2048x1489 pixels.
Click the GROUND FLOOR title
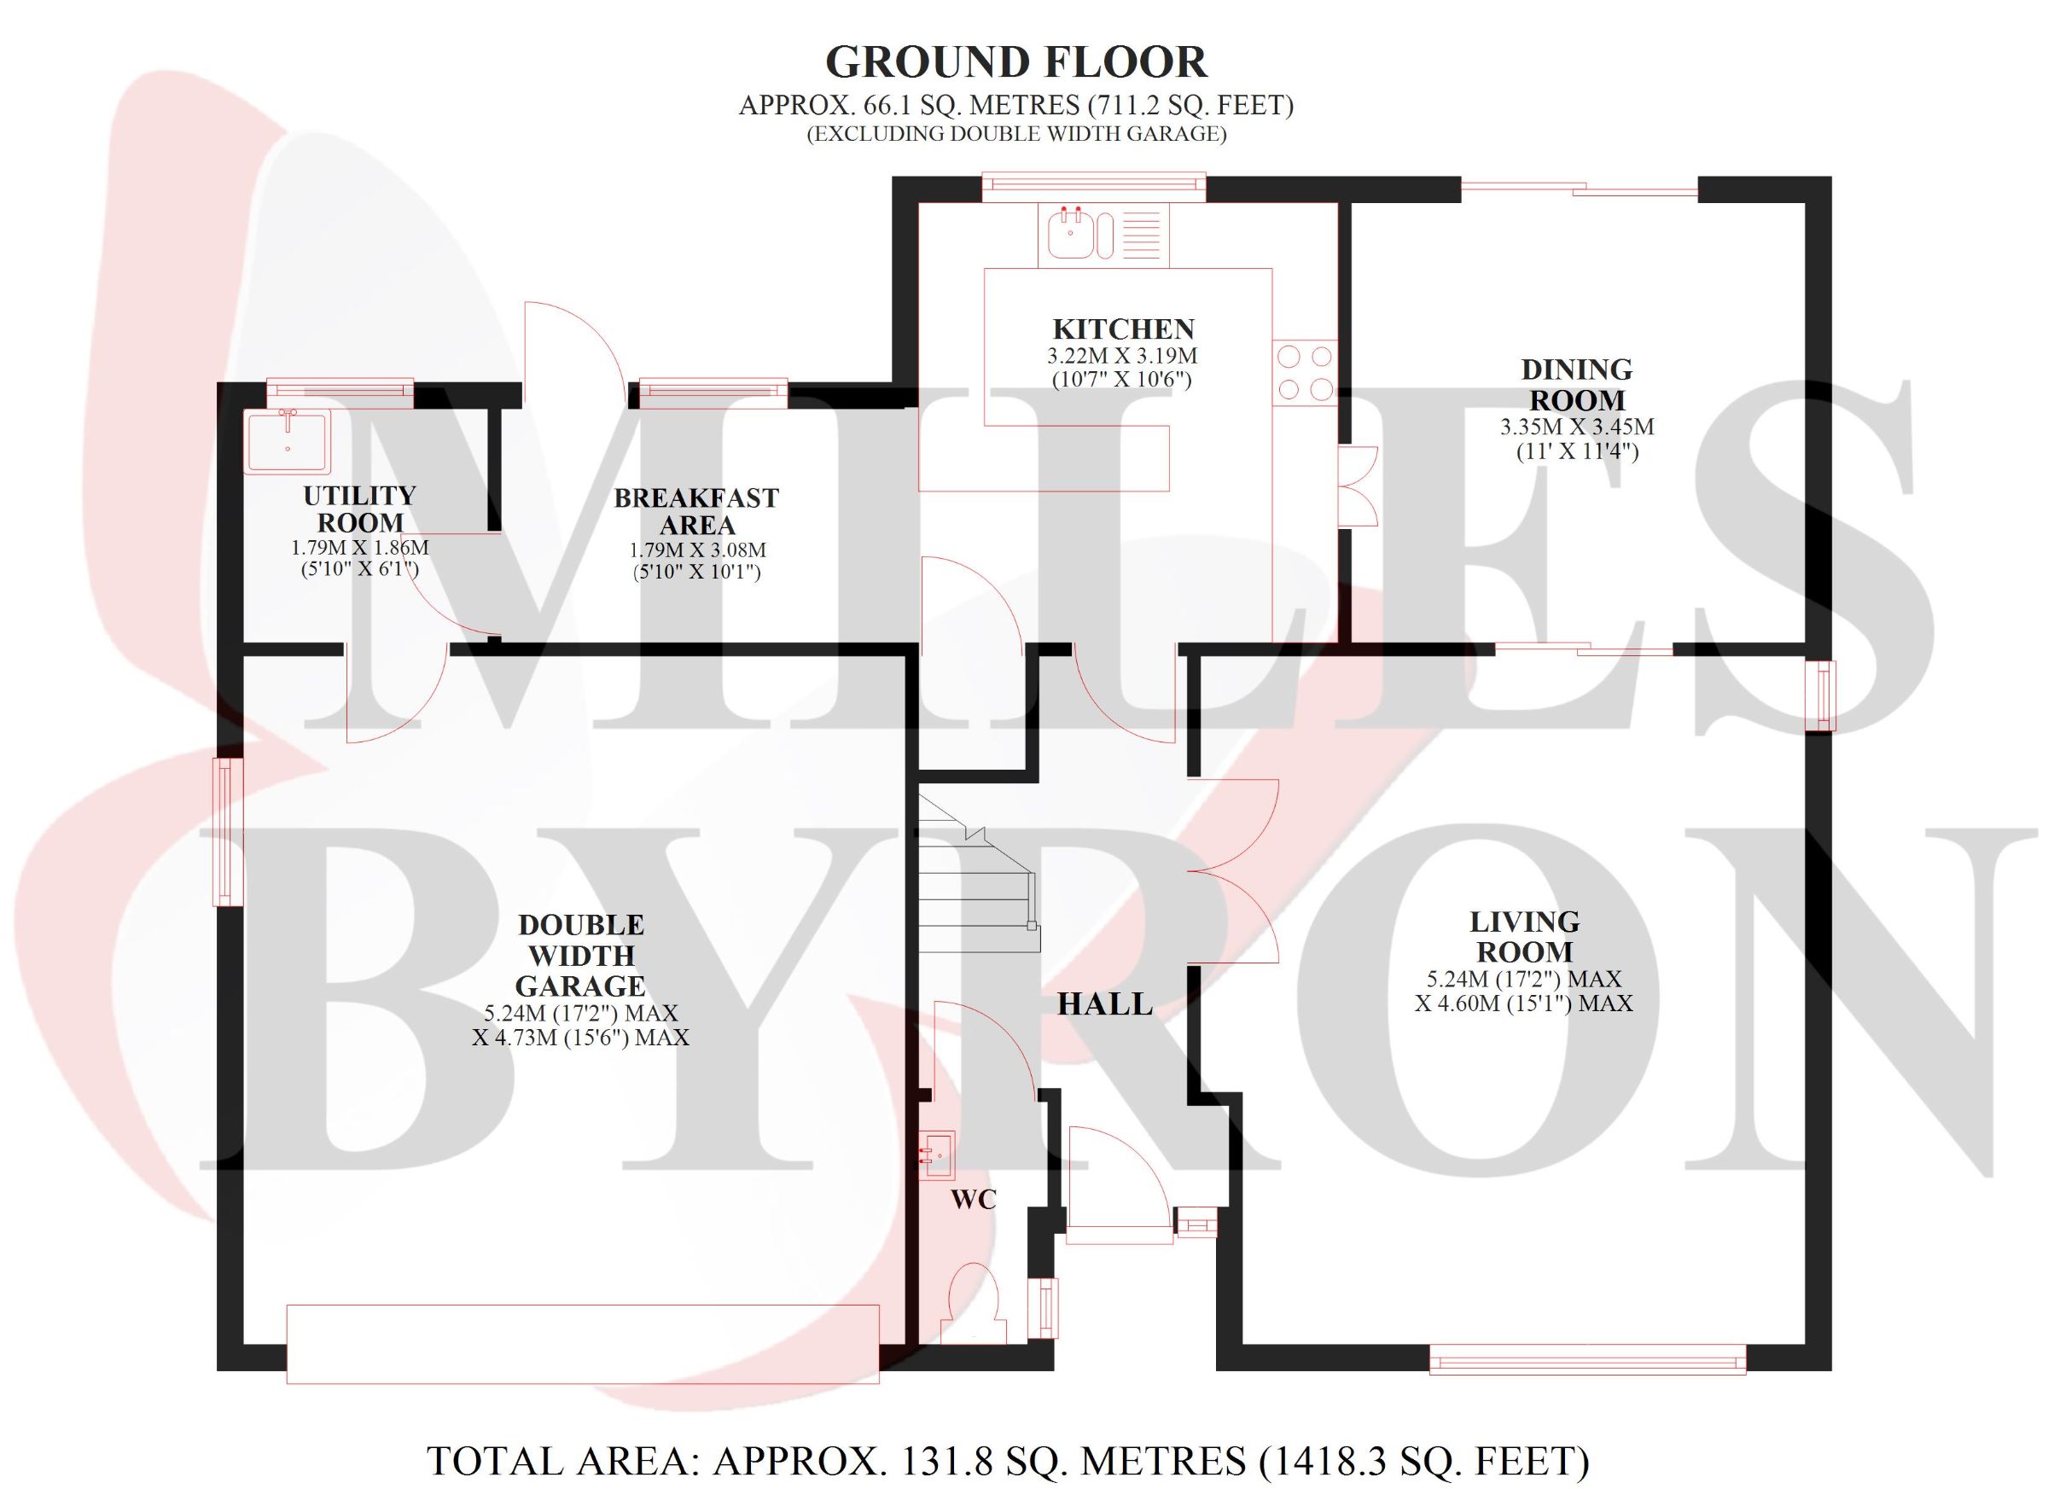pos(1015,62)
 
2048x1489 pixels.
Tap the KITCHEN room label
pos(1123,329)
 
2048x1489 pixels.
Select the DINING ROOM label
pos(1577,385)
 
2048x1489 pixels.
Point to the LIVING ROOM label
pos(1524,936)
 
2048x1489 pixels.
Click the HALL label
pos(1105,1004)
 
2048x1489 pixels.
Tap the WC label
pos(975,1199)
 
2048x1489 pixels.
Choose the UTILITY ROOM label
pos(359,509)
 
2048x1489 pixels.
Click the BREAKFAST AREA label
pos(696,511)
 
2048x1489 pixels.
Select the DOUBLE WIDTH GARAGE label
pos(580,956)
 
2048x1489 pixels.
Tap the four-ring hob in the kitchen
pos(1305,373)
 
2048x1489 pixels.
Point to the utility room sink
pos(288,440)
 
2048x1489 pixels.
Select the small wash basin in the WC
pos(936,1155)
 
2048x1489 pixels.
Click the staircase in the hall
pos(979,873)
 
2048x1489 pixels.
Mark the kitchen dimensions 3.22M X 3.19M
pos(1122,356)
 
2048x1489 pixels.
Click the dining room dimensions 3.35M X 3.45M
pos(1578,426)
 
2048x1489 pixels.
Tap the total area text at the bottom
pos(1008,1461)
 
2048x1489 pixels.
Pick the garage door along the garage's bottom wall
pos(583,1344)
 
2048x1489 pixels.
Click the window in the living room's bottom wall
pos(1587,1359)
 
